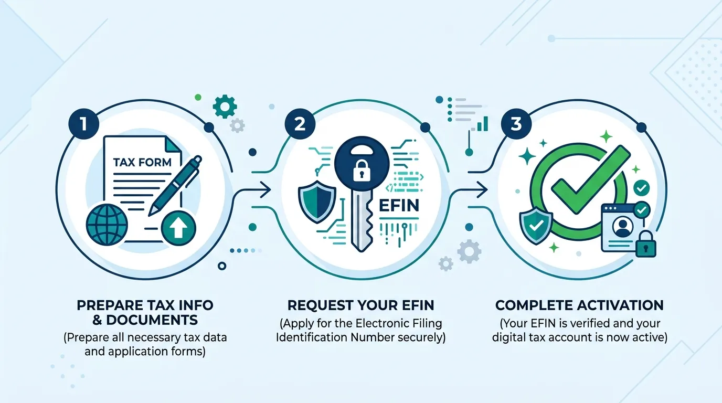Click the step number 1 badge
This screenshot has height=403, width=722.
tap(84, 124)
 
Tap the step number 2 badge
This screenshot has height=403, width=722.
tap(300, 124)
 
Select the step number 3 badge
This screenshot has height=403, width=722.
tap(516, 124)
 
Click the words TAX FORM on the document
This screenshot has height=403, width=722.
tap(142, 162)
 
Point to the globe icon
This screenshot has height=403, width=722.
tap(107, 225)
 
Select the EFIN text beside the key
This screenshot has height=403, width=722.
tap(399, 205)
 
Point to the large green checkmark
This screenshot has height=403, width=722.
tap(590, 180)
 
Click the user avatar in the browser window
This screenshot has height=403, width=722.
tap(622, 227)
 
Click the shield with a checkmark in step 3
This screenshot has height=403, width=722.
tap(536, 225)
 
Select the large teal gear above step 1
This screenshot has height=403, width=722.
tap(225, 107)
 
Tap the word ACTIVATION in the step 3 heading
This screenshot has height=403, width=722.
tap(623, 305)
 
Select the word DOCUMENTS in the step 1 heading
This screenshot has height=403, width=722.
tap(152, 320)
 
